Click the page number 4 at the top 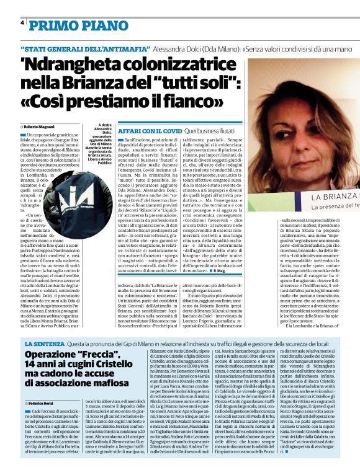(22, 23)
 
